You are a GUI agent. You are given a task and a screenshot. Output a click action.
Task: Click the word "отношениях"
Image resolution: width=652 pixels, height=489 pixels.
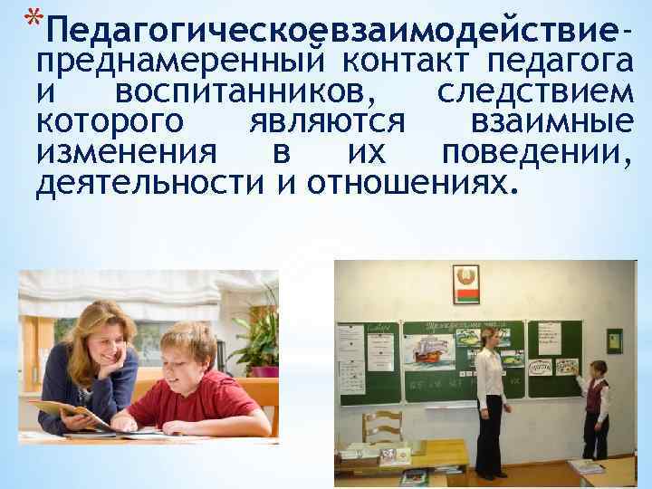pyautogui.click(x=411, y=184)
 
